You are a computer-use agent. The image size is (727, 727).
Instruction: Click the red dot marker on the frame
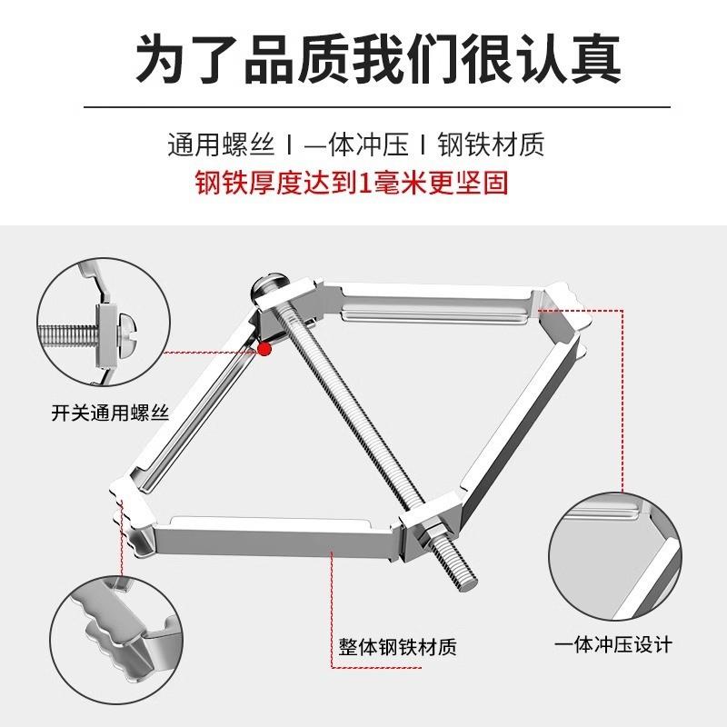tap(264, 346)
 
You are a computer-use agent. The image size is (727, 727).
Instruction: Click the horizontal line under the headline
tap(363, 107)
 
